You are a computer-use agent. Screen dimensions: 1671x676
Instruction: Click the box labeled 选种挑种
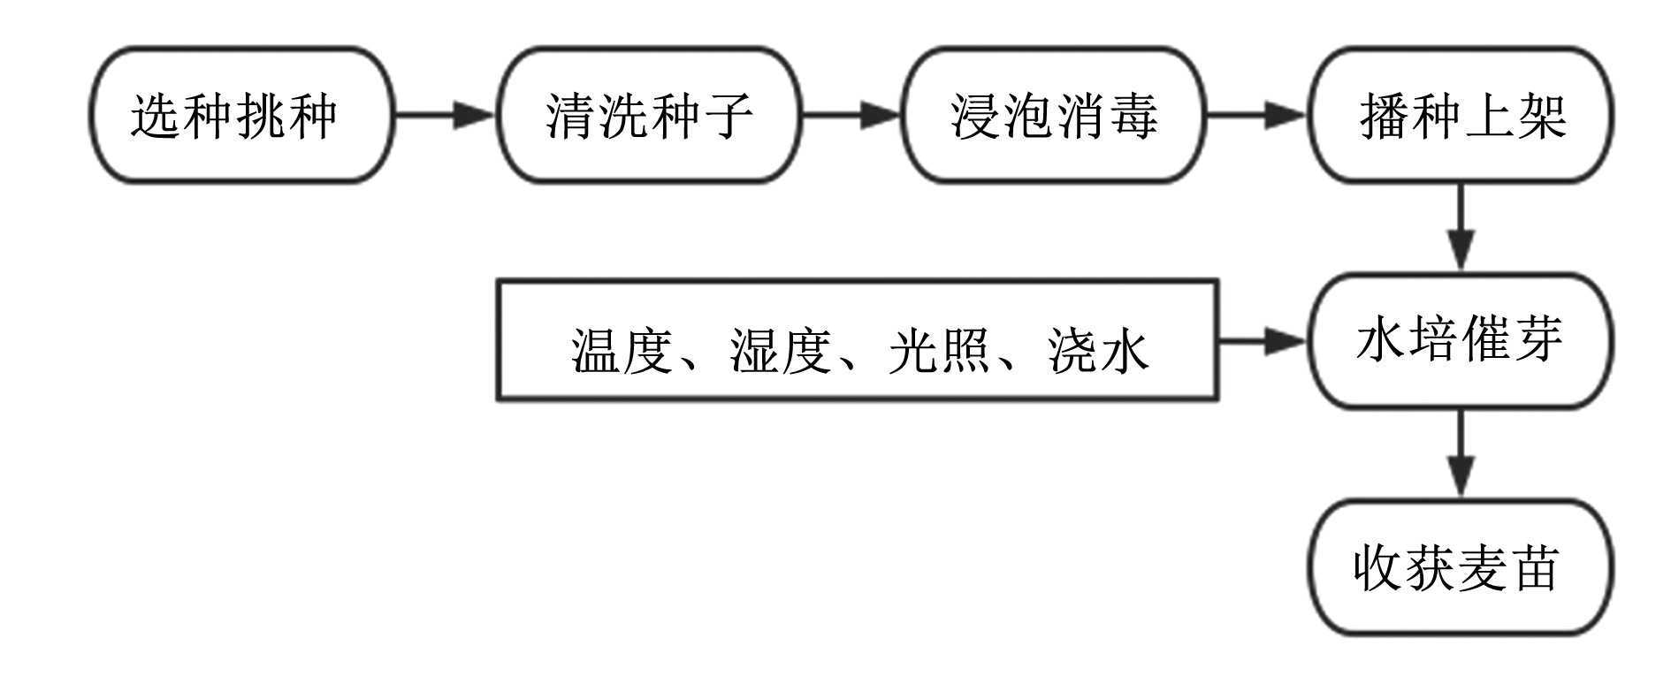pos(242,115)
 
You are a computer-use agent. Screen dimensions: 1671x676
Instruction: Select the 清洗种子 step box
pos(649,115)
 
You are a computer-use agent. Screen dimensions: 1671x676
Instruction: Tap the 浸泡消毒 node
pos(1054,115)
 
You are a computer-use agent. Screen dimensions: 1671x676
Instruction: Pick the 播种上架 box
pos(1461,115)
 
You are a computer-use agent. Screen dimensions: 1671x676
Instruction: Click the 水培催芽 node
pos(1461,340)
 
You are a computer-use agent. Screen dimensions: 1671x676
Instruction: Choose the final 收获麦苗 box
pos(1461,567)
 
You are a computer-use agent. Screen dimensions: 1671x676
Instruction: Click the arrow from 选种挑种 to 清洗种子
pos(445,115)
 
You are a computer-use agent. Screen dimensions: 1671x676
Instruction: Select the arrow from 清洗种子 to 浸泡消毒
pos(851,115)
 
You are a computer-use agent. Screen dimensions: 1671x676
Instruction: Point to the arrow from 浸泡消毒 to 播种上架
pos(1256,115)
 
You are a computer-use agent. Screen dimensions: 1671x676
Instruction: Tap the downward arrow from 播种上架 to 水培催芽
pos(1461,228)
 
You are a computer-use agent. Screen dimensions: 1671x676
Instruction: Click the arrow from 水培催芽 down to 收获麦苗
pos(1461,453)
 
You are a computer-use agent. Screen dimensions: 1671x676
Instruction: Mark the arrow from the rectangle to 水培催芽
pos(1263,341)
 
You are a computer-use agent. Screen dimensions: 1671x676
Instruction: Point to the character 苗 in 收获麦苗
pos(1533,567)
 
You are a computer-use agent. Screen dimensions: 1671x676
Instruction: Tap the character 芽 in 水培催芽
pos(1537,339)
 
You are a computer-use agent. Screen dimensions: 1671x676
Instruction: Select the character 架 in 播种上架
pos(1541,116)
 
